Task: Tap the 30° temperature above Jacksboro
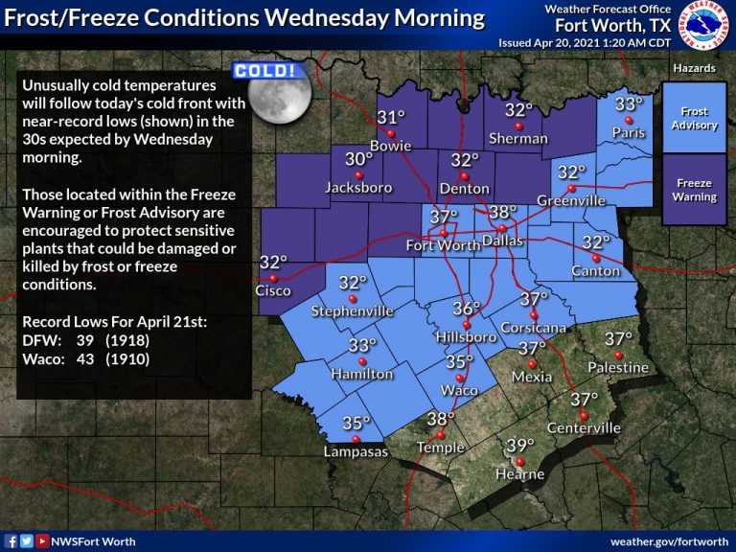pyautogui.click(x=358, y=159)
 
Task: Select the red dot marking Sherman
pyautogui.click(x=518, y=126)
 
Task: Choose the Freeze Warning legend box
pyautogui.click(x=694, y=190)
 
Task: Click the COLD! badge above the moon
pyautogui.click(x=263, y=71)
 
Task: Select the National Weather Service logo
pyautogui.click(x=707, y=26)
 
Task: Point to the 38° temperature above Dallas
pyautogui.click(x=502, y=212)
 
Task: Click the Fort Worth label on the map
pyautogui.click(x=443, y=244)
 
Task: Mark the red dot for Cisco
pyautogui.click(x=272, y=278)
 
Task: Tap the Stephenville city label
pyautogui.click(x=353, y=311)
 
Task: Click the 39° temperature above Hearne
pyautogui.click(x=518, y=445)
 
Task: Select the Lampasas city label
pyautogui.click(x=356, y=451)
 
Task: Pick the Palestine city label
pyautogui.click(x=618, y=367)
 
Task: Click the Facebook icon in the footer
pyautogui.click(x=11, y=541)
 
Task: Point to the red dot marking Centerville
pyautogui.click(x=584, y=414)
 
